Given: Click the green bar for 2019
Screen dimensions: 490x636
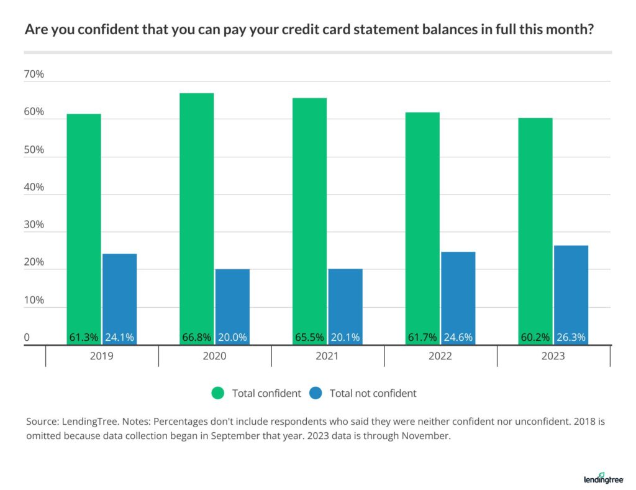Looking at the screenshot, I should coord(84,224).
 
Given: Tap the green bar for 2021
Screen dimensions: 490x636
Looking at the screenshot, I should coord(309,218).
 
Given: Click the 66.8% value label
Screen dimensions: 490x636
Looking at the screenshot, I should coord(196,338).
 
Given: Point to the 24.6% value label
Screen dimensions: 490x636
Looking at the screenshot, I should coord(458,338).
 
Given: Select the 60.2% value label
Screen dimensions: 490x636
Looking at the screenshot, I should coord(535,338).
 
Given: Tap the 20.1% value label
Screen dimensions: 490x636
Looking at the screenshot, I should coord(345,338).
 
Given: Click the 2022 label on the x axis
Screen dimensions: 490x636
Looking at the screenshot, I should coord(440,356).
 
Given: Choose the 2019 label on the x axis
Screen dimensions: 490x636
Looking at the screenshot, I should coord(102,356).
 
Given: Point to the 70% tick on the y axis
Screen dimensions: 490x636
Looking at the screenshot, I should coord(34,75).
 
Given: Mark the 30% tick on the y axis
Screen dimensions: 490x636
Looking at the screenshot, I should coord(34,225).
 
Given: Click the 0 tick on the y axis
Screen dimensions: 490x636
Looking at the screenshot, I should coord(27,338).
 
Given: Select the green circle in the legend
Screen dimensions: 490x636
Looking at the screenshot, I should coord(218,393).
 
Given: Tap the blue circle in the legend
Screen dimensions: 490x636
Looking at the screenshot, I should coord(316,393).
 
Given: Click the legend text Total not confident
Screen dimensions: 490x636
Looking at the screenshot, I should coord(373,393).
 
